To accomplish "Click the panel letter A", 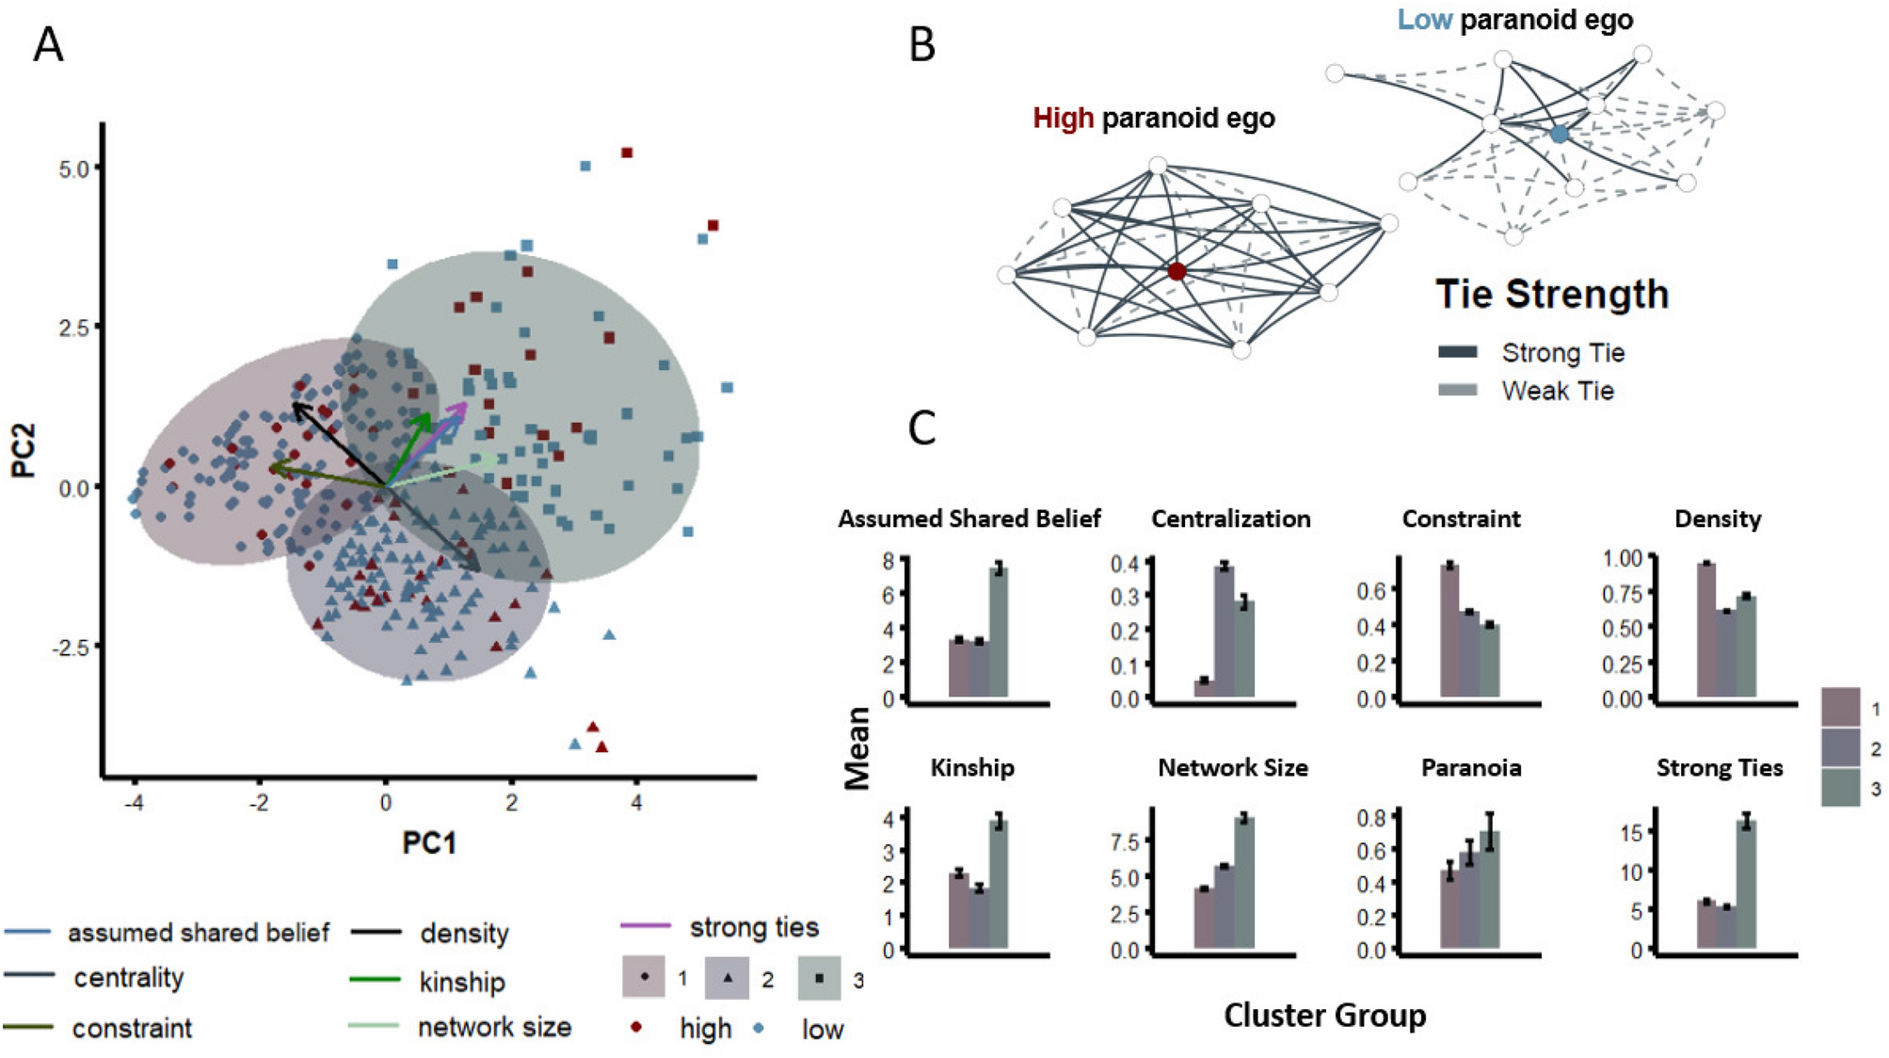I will tap(48, 45).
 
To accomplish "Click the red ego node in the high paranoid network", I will tap(1177, 271).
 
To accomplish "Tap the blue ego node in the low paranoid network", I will tap(1560, 135).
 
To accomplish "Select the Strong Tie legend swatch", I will tap(1457, 352).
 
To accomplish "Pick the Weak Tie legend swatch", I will tap(1457, 390).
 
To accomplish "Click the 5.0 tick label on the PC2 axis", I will tap(73, 168).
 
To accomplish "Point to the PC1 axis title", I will tap(429, 842).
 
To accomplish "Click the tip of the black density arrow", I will tap(295, 404).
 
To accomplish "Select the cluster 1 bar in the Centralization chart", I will tap(1203, 688).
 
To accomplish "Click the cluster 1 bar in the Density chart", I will tap(1705, 630).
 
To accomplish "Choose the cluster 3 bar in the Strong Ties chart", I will tap(1746, 887).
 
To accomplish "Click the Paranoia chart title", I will tap(1470, 768).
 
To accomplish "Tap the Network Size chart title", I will tap(1232, 768).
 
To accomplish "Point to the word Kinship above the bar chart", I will tap(972, 768).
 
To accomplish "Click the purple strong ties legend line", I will tap(646, 926).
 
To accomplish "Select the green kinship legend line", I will tap(375, 980).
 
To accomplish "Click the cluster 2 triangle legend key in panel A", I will tap(728, 977).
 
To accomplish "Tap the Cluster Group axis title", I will tap(1324, 1016).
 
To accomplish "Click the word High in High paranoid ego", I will tap(1063, 119).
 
